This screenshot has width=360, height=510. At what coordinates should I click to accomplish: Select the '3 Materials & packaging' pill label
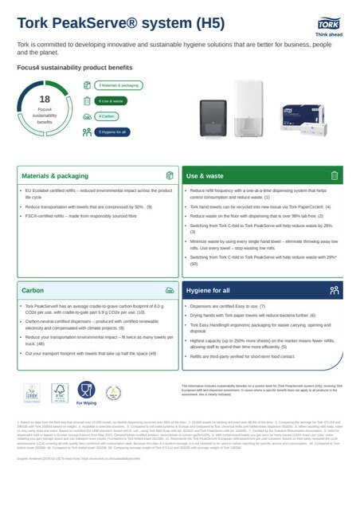(117, 84)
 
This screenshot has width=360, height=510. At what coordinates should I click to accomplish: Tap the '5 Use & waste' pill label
(111, 100)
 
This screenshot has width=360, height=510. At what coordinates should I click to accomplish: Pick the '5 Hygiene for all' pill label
(112, 131)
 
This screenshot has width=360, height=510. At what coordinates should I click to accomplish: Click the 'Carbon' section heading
(33, 291)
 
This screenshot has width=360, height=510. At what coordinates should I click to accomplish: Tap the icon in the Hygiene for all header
(334, 291)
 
